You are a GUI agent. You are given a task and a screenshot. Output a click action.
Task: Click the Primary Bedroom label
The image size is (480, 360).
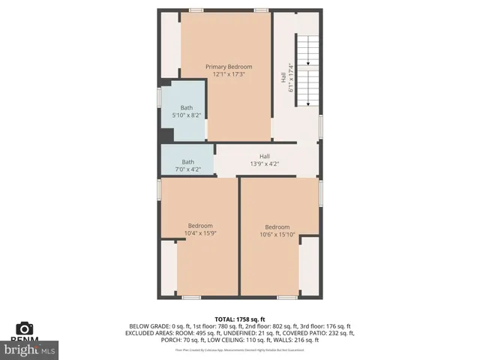point(229,67)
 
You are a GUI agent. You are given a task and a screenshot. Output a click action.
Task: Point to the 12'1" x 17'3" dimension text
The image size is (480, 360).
point(229,74)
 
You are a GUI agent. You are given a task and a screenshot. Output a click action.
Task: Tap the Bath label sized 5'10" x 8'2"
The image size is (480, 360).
point(186,108)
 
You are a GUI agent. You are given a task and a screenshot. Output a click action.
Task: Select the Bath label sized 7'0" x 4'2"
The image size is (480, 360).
point(187,162)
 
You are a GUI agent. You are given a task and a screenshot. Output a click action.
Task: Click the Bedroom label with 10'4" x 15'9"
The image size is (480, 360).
point(200,226)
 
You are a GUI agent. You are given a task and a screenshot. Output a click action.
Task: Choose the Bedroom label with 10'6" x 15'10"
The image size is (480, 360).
point(277,227)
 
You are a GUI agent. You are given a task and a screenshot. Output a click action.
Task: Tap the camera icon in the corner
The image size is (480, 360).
point(25,328)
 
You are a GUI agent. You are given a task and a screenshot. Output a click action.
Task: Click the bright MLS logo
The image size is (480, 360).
point(30,349)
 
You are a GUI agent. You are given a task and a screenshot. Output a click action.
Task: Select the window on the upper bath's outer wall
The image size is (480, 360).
point(159,98)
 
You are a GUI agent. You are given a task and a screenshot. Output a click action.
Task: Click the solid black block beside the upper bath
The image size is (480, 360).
point(166,135)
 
